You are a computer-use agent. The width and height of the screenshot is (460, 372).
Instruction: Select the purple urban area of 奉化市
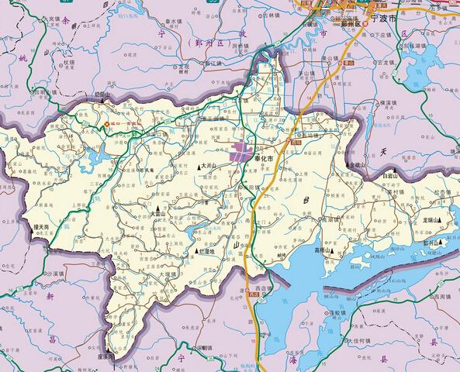[x=241, y=150]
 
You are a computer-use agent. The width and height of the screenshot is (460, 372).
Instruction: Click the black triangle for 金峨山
[x=351, y=165]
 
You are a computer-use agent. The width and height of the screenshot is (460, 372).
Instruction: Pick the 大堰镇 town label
[x=171, y=274]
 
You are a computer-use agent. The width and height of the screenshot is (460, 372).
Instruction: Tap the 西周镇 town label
[x=441, y=296]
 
